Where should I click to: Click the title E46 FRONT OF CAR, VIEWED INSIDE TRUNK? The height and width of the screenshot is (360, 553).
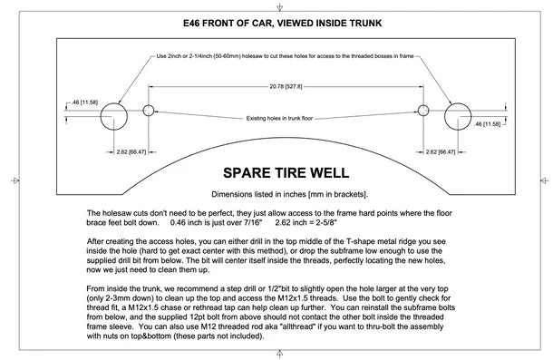tap(282, 24)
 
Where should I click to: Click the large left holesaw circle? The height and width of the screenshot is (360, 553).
tap(101, 116)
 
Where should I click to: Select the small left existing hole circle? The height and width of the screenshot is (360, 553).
tap(143, 111)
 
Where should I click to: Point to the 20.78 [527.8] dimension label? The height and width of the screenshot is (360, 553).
tap(286, 86)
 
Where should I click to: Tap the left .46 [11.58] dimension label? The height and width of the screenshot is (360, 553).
tap(84, 102)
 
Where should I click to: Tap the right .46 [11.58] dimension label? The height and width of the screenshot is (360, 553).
tap(487, 124)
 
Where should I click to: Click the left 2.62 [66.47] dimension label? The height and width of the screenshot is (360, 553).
tap(131, 152)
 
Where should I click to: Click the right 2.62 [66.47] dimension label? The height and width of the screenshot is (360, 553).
tap(441, 152)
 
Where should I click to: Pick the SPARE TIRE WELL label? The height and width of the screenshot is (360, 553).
tap(286, 173)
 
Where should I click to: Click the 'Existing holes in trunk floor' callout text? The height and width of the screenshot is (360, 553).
tap(279, 118)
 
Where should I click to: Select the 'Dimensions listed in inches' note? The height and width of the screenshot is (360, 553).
tap(289, 194)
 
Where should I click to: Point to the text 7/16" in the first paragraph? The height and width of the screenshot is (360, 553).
tap(254, 223)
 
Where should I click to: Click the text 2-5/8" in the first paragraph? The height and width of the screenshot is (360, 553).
tap(325, 223)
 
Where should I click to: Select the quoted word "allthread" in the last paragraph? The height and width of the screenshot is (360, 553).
tap(297, 326)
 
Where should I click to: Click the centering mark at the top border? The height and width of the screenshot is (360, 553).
tap(280, 6)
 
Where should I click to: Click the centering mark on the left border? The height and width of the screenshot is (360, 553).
tap(15, 180)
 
